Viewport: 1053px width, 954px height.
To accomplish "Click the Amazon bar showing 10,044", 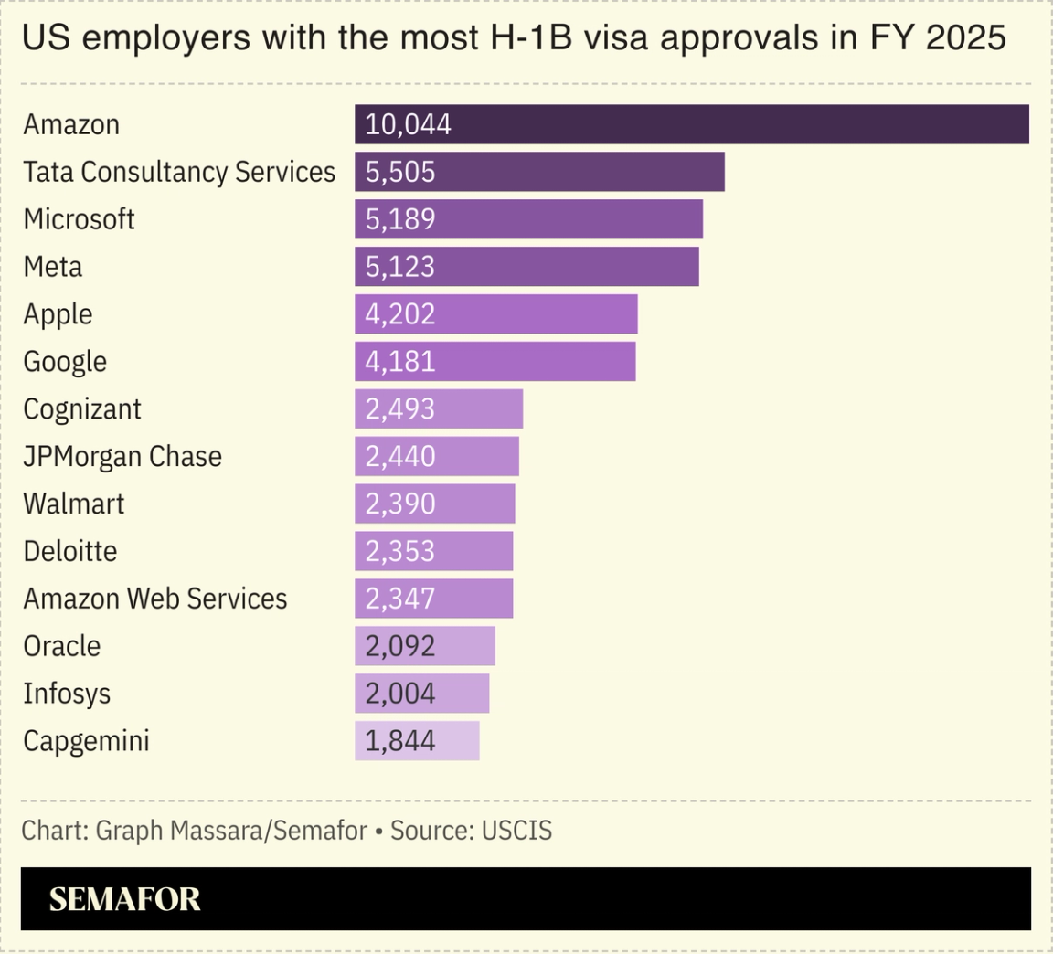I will (691, 124).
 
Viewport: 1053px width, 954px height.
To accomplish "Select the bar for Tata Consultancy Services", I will (539, 172).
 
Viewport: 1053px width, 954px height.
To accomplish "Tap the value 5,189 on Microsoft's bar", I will (400, 219).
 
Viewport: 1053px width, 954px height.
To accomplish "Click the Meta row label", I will (53, 267).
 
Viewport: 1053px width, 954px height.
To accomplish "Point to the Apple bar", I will (495, 314).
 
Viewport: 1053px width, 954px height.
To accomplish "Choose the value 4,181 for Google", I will (400, 362).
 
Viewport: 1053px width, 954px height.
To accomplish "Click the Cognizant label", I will (82, 409).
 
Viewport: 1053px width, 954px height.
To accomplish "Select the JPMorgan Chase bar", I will (437, 456).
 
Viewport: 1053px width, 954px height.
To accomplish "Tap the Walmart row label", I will (74, 503).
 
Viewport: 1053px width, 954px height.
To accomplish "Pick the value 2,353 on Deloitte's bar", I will (400, 552).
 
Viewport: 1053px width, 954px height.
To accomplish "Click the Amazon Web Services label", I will (155, 599).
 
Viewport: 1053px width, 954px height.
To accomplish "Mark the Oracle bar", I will (425, 646).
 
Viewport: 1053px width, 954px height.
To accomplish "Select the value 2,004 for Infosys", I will (400, 694).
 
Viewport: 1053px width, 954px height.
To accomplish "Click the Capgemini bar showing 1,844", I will (417, 741).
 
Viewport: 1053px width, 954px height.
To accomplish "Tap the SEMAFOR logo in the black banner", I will (124, 899).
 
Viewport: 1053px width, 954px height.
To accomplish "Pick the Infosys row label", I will (67, 694).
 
